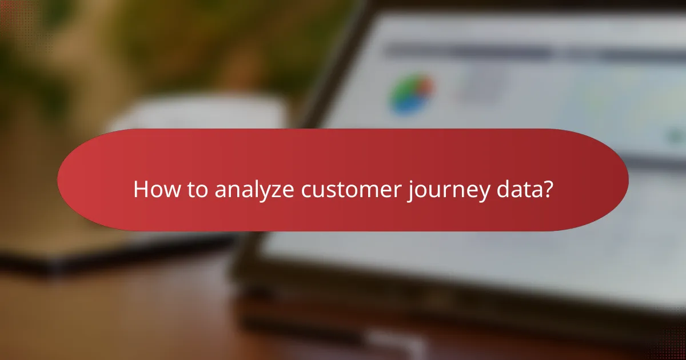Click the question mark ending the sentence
[x=547, y=190]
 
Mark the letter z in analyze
[x=278, y=191]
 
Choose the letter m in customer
[x=362, y=191]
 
